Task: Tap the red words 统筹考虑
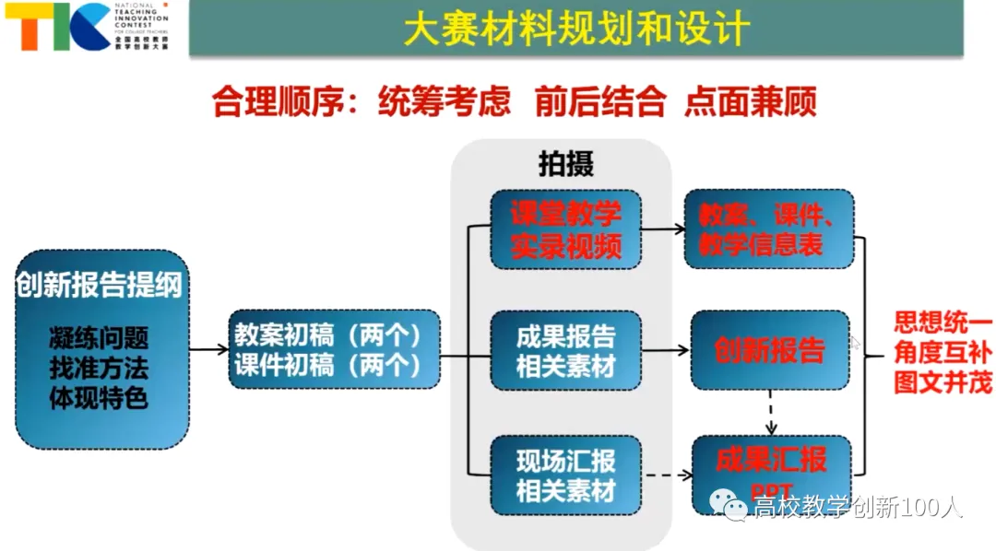point(444,102)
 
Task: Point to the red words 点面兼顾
point(750,102)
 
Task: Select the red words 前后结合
point(599,102)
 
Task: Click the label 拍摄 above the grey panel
point(565,163)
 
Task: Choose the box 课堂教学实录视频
point(565,229)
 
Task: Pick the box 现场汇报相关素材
point(565,475)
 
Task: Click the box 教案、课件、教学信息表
point(768,229)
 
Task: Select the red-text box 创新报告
point(769,350)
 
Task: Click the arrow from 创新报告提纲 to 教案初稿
point(208,349)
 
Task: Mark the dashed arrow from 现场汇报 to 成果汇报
point(666,475)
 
